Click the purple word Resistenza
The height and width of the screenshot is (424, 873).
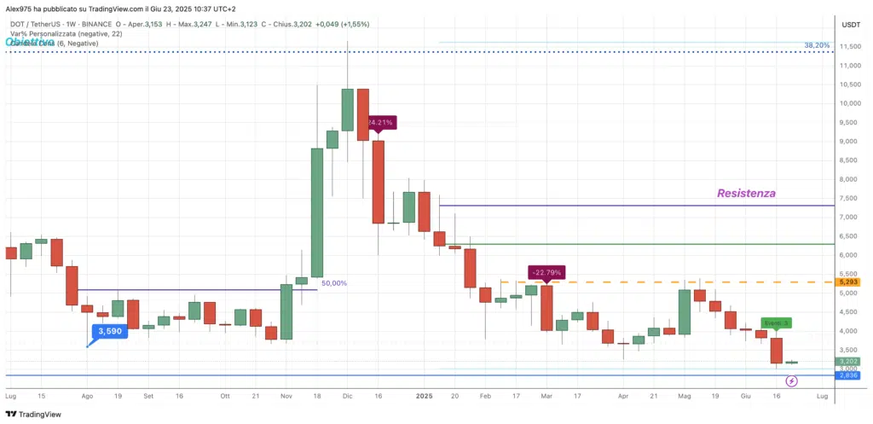coord(746,194)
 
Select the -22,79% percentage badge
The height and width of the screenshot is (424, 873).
coord(546,273)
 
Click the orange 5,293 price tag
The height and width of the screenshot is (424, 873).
coord(847,282)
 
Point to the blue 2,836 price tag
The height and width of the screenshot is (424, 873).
coord(847,375)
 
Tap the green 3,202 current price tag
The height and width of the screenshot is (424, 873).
coord(847,361)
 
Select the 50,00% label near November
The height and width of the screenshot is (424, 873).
coord(333,282)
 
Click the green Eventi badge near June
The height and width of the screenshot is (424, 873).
coord(776,322)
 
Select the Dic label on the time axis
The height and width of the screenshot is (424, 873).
coord(347,397)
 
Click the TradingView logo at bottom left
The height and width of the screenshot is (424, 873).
coord(34,414)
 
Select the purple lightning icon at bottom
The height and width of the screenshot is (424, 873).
coord(791,393)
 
